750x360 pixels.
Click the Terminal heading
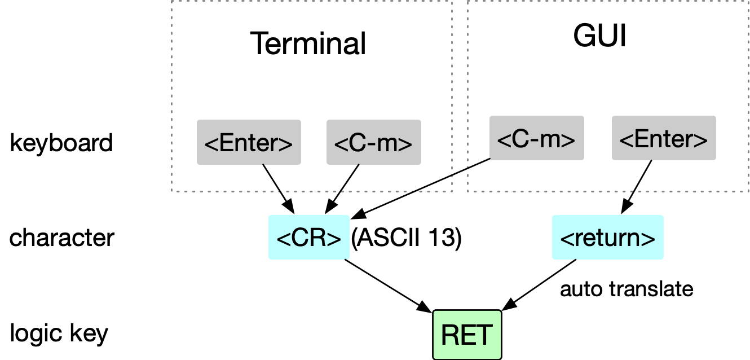tap(308, 43)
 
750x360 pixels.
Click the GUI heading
tap(599, 36)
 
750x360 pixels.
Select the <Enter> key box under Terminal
tap(249, 142)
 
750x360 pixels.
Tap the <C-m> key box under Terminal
tap(374, 142)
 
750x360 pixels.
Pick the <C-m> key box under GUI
tap(537, 138)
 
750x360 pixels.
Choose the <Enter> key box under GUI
tap(664, 138)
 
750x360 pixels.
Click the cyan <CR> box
tap(309, 237)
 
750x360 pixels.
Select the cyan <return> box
tap(608, 237)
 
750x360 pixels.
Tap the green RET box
tap(467, 335)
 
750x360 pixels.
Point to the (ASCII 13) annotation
tap(407, 238)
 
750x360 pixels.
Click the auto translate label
tap(627, 289)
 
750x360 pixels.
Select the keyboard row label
tap(61, 143)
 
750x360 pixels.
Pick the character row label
tap(62, 238)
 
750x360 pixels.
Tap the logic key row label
tap(59, 333)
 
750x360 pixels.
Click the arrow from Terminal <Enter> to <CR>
tap(279, 189)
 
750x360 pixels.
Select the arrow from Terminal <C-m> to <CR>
tap(342, 189)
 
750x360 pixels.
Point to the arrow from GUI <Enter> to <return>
tap(637, 187)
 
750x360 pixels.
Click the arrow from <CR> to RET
tap(389, 286)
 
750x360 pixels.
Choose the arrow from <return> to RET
tap(539, 285)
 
